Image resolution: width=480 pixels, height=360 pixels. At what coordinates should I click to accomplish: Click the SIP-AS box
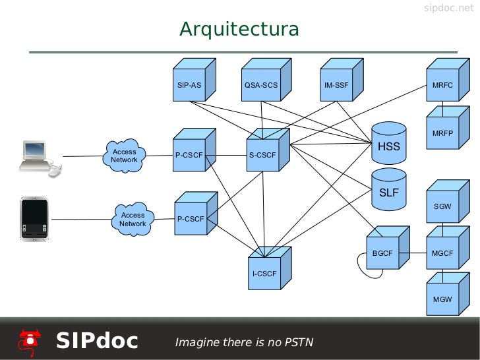point(189,86)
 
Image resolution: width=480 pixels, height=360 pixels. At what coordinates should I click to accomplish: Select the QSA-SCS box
point(261,86)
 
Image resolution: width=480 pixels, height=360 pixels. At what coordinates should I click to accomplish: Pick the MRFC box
point(442,86)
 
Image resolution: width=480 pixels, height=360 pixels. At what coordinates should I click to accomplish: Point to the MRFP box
point(442,133)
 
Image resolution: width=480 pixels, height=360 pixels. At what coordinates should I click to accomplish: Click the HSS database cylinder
point(388,144)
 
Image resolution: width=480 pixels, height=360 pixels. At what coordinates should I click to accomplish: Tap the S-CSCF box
point(263,156)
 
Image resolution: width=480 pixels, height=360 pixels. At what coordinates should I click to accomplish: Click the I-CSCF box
point(264,272)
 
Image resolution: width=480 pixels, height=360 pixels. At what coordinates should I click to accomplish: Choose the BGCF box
point(382,253)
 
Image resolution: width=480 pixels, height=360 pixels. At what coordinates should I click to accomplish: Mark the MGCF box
point(442,253)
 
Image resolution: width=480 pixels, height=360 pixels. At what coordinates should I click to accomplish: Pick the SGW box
point(442,206)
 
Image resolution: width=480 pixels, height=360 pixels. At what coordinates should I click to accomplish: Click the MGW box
point(442,299)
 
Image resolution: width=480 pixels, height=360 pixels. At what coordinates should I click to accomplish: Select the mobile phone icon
point(34,218)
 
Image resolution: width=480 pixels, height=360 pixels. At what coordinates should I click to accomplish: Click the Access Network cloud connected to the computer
point(124,156)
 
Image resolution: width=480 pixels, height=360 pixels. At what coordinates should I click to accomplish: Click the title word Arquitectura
point(239,30)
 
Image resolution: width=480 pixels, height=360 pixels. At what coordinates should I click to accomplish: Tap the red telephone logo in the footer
point(29,341)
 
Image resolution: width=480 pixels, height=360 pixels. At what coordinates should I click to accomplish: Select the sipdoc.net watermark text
point(448,8)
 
